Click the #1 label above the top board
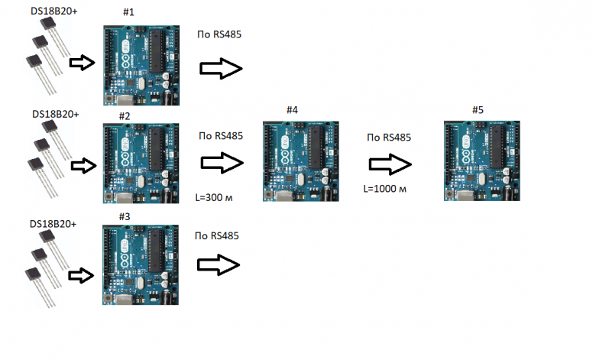128,12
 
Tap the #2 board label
125,116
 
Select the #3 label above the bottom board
125,216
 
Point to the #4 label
292,110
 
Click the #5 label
478,110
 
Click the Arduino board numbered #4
300,161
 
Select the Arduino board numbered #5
482,161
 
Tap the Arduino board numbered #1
141,66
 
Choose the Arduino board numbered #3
141,265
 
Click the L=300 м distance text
214,198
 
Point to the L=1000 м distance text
384,189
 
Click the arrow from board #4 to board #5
390,164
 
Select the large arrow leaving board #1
222,69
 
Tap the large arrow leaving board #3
219,265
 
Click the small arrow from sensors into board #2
83,166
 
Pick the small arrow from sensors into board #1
82,63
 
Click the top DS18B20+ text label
54,11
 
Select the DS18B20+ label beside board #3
53,224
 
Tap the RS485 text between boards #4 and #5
397,138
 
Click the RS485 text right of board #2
228,136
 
